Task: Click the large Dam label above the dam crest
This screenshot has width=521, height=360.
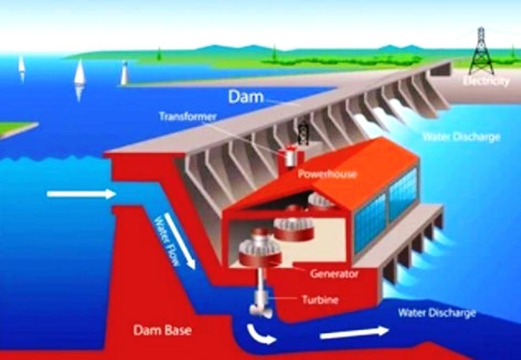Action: tap(246, 97)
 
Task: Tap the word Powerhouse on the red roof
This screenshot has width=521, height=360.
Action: tap(319, 174)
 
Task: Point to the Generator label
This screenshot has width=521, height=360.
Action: tap(335, 274)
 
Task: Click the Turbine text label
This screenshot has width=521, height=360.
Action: tap(320, 300)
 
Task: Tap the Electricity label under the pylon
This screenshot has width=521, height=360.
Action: tap(486, 81)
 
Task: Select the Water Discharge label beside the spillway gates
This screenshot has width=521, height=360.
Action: tap(461, 137)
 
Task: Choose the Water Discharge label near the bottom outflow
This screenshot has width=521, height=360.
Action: tap(437, 313)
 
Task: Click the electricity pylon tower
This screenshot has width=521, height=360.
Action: tap(481, 50)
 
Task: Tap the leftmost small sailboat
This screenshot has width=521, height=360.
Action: tap(21, 65)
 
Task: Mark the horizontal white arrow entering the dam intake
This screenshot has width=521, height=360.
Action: tap(81, 194)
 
